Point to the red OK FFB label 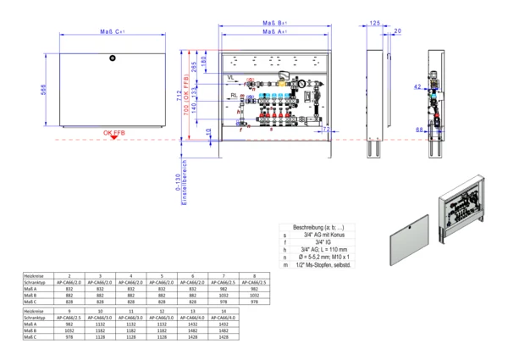tap(116, 133)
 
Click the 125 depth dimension tap(374, 24)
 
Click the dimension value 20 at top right tap(398, 31)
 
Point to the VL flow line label tap(230, 77)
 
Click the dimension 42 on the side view tap(417, 86)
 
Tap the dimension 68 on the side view tap(418, 130)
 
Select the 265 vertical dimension tap(195, 67)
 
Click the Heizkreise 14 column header tap(224, 312)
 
